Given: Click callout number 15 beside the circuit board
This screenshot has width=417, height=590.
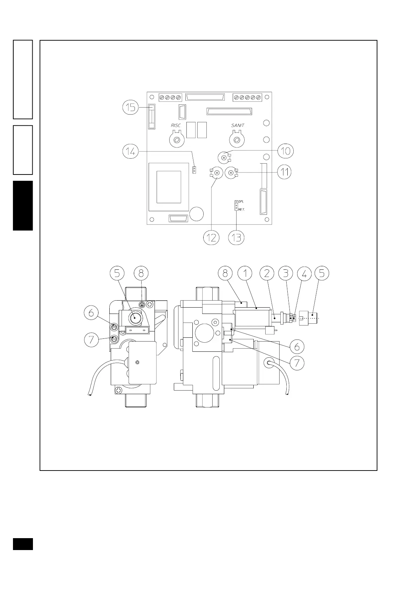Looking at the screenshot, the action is (x=131, y=107).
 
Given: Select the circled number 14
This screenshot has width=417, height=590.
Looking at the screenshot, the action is (x=131, y=152).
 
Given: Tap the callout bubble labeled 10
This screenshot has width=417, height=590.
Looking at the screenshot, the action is (x=286, y=151).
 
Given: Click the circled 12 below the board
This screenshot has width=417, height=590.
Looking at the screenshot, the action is (x=211, y=238).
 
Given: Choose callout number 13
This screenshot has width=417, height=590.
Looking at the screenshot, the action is (x=237, y=238).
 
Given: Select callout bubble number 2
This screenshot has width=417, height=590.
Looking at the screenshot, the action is (x=267, y=273).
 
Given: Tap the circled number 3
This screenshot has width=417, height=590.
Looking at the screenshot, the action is (x=286, y=273).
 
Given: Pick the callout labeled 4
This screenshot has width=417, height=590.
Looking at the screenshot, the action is (x=304, y=273).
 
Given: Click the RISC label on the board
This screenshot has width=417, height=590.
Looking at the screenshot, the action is (x=176, y=125).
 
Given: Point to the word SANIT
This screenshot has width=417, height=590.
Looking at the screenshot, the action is (x=238, y=125).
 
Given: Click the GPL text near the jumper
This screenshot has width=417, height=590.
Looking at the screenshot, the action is (x=241, y=202).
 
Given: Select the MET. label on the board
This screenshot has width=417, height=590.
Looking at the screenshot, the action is (x=241, y=210).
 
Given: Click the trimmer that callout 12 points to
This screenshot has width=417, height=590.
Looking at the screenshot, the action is (x=217, y=172).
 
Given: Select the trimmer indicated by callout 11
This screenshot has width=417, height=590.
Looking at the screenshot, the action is (x=231, y=172).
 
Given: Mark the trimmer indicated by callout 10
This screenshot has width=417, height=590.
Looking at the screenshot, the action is (x=224, y=157).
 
